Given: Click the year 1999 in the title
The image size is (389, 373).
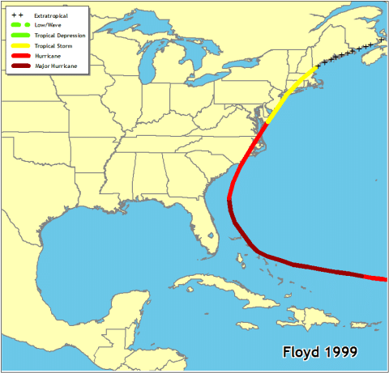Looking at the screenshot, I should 344,353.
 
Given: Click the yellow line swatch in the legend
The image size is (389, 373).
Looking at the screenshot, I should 20,46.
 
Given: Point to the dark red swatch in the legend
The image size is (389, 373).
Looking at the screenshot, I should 20,66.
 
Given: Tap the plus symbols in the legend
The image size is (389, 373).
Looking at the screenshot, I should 18,15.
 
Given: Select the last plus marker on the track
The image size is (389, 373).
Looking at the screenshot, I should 381,40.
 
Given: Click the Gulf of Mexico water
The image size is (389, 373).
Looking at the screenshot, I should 105,243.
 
